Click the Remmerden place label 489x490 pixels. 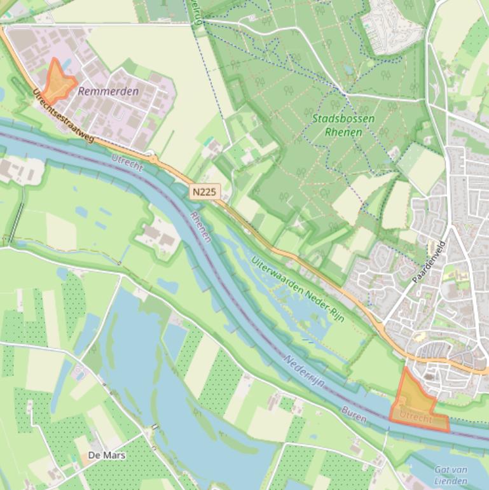(108, 92)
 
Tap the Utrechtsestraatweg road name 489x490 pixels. (63, 116)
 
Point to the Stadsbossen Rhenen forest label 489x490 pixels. (343, 125)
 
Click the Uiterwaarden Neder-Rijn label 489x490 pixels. (298, 290)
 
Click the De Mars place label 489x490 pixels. (107, 455)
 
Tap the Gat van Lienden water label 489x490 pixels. (451, 475)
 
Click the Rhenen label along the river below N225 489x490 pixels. (200, 227)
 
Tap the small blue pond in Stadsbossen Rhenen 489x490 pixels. (348, 69)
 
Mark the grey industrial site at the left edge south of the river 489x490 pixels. (19, 169)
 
